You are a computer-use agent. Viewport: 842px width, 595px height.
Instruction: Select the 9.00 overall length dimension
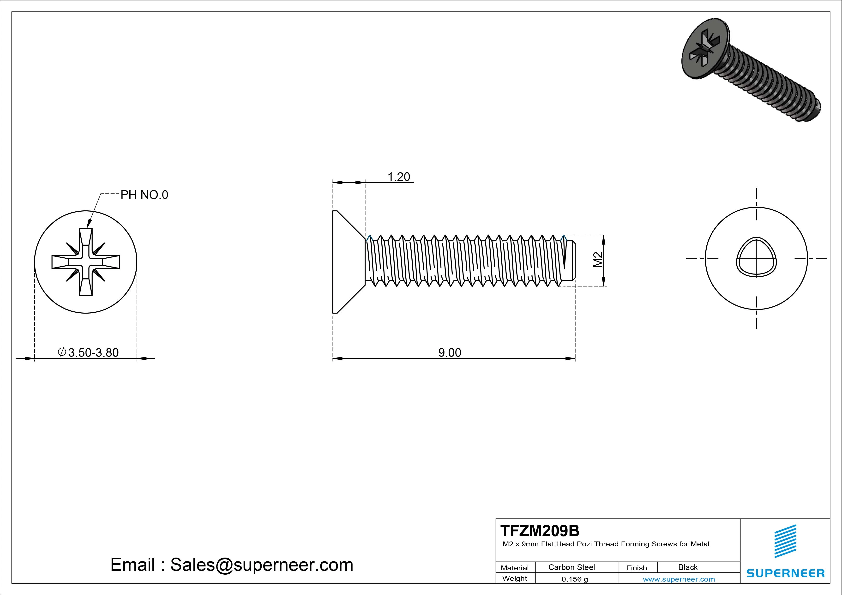tap(450, 353)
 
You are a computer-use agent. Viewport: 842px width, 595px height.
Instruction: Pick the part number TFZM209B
tap(540, 530)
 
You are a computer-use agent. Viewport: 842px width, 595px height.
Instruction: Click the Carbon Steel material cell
tap(571, 567)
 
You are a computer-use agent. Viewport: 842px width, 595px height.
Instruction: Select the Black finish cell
tap(688, 567)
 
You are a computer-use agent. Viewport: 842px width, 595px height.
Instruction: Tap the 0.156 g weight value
tap(575, 579)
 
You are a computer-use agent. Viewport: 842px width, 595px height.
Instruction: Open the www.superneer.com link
tap(679, 579)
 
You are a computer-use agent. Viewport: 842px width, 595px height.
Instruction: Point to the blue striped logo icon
tap(785, 541)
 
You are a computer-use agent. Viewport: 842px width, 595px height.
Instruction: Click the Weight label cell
tap(515, 578)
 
